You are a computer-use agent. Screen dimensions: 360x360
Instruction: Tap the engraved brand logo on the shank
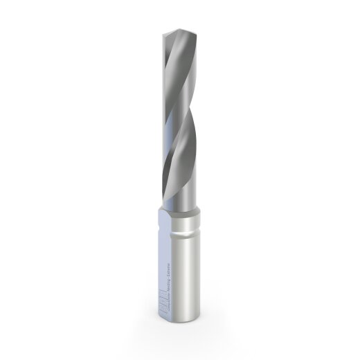(165, 305)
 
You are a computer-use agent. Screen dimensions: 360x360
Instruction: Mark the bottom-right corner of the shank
(201, 323)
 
